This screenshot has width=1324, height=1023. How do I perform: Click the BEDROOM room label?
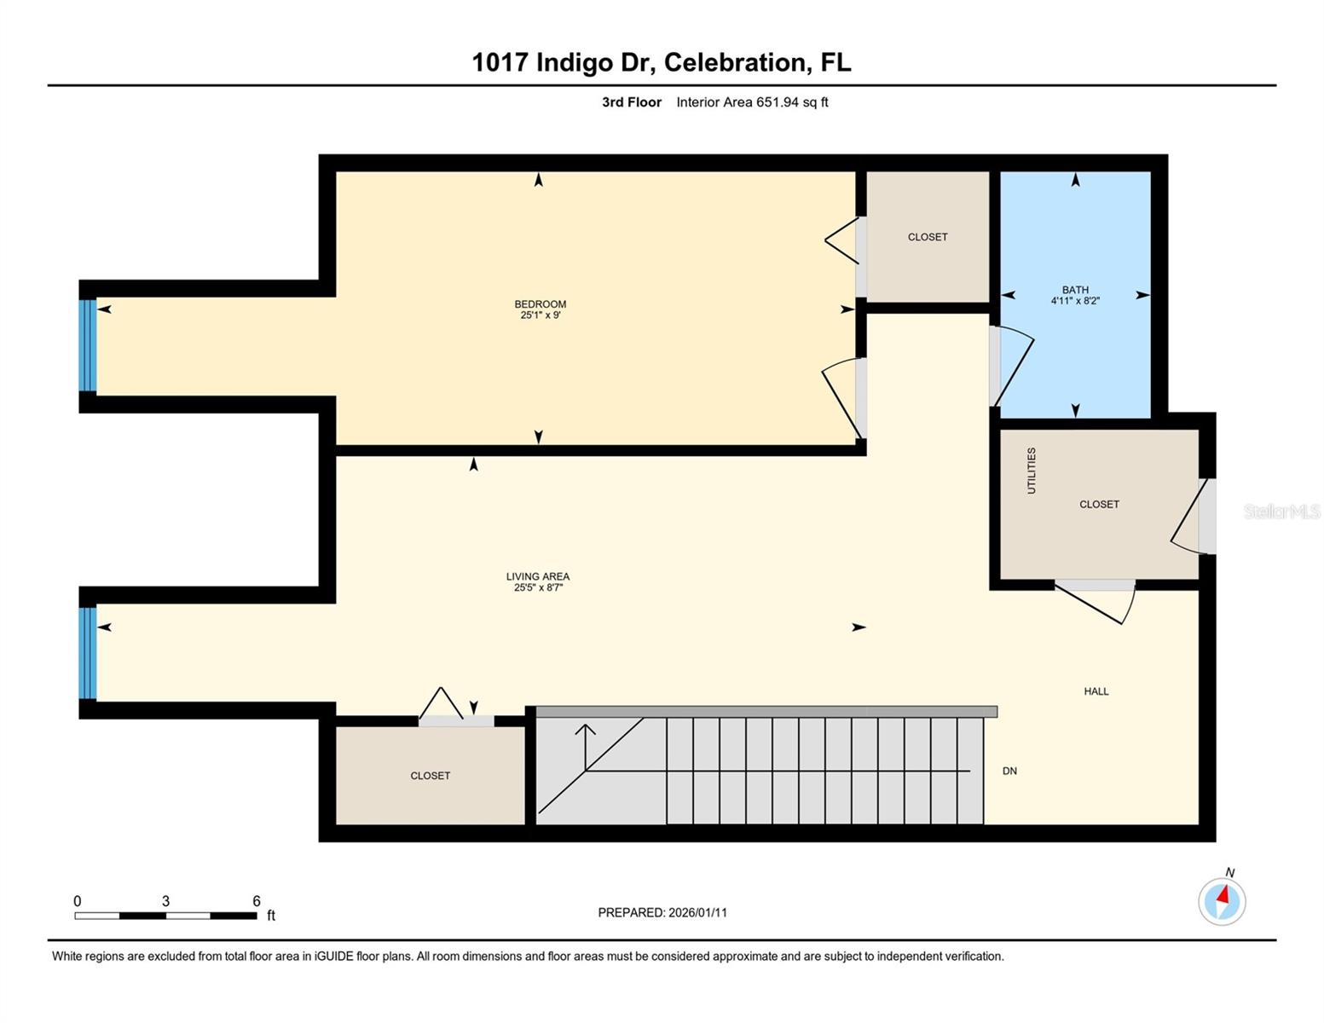click(540, 304)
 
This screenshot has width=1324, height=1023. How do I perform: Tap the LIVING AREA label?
click(538, 576)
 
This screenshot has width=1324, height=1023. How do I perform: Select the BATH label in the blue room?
click(1075, 290)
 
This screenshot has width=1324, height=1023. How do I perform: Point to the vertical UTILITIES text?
click(1032, 471)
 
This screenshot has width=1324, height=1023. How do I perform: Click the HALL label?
click(1096, 691)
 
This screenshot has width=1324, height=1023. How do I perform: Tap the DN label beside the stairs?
click(1009, 771)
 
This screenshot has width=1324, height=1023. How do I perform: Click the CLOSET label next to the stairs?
click(430, 776)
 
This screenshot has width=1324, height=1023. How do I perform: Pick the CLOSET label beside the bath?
click(928, 237)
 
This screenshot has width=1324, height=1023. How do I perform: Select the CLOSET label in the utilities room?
click(1099, 505)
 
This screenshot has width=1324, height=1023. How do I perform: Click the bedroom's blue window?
click(87, 345)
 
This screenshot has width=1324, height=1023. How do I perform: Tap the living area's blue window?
click(87, 653)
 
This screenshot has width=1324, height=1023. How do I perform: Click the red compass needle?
click(1225, 895)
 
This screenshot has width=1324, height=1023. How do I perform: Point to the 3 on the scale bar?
click(165, 901)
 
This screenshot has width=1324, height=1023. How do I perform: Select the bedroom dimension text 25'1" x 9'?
click(541, 315)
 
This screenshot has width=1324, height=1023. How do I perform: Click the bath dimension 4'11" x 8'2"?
click(1075, 301)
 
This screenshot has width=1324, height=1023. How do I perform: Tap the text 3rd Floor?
click(632, 102)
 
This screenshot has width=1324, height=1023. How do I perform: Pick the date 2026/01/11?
click(697, 912)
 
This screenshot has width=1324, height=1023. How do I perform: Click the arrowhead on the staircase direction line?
click(586, 730)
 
